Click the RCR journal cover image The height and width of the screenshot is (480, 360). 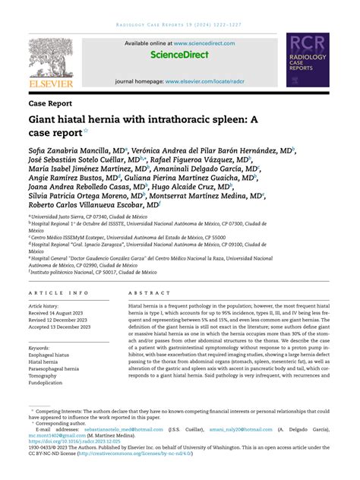click(312, 59)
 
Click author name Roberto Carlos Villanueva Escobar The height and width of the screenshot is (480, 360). click(91, 204)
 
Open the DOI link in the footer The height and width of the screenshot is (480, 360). click(74, 440)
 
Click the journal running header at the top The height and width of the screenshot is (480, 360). click(180, 24)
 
